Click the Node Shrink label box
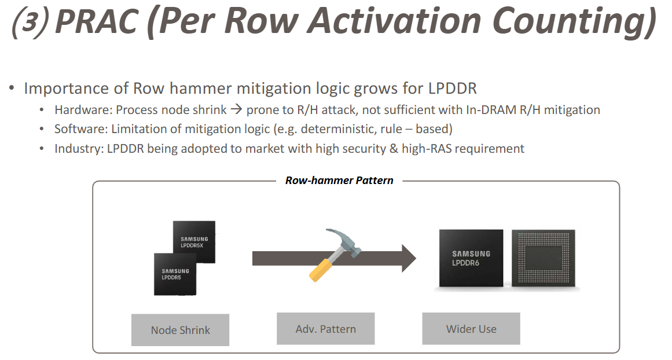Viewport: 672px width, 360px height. pyautogui.click(x=180, y=330)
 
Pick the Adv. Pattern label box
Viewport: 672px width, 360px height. pyautogui.click(x=325, y=329)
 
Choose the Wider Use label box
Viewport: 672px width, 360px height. pyautogui.click(x=471, y=329)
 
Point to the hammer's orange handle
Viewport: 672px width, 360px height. pyautogui.click(x=320, y=269)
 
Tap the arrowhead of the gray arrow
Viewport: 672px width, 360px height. pyautogui.click(x=408, y=258)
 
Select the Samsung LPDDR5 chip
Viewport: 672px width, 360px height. pyautogui.click(x=175, y=274)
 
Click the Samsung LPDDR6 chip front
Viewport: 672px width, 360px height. pyautogui.click(x=471, y=258)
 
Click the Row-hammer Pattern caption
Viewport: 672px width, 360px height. pyautogui.click(x=339, y=181)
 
